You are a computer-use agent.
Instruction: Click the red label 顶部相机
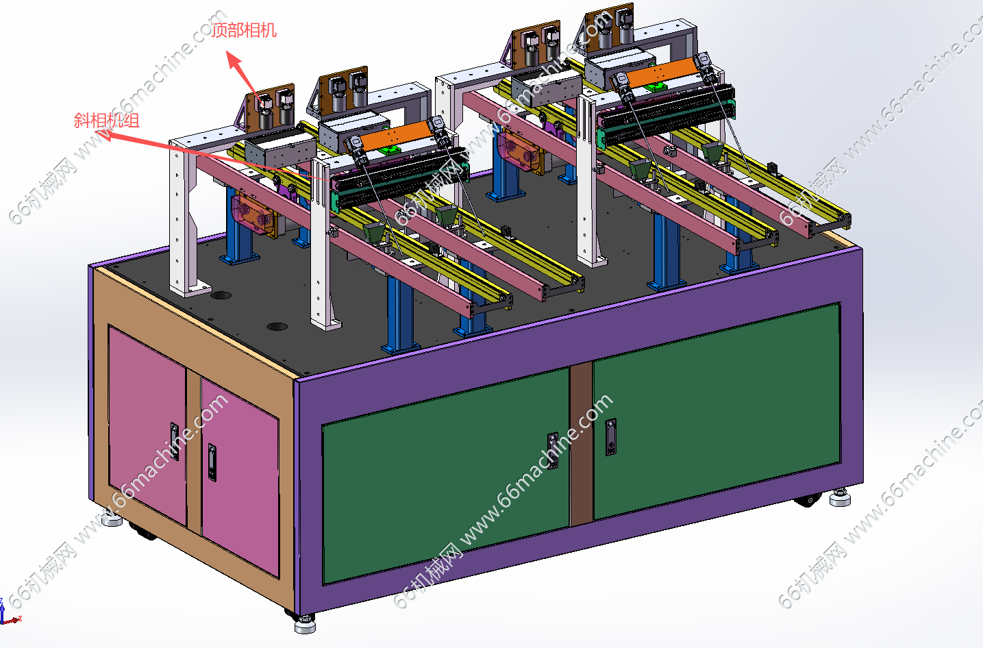coord(244,30)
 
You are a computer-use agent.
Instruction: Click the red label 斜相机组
coord(106,120)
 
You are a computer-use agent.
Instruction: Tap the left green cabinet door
coord(446,475)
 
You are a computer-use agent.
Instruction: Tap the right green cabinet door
coord(717,411)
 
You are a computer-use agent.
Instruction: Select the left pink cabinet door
coord(147,425)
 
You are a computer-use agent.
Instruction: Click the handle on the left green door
coord(553,451)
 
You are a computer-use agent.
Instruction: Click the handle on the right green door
coord(610,437)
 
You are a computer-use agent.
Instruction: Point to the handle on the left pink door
coord(175,441)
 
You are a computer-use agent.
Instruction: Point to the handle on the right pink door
coord(212,462)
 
